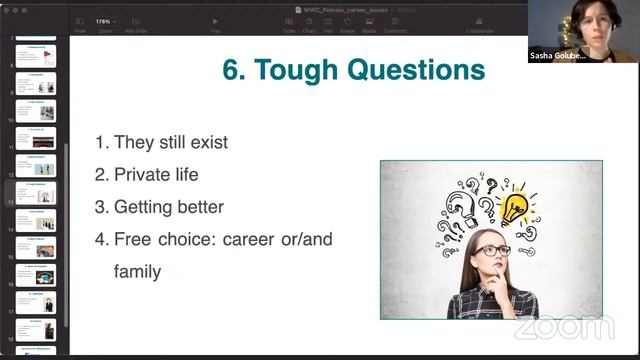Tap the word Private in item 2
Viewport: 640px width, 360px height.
coord(142,174)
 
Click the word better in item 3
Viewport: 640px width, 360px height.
coord(196,207)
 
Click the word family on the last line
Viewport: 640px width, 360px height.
coord(137,270)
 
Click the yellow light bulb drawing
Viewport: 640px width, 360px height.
coord(514,208)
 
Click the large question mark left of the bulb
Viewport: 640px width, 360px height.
coord(462,211)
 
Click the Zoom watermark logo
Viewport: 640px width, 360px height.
coord(565,327)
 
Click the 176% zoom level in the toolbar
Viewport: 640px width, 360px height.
coord(104,21)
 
